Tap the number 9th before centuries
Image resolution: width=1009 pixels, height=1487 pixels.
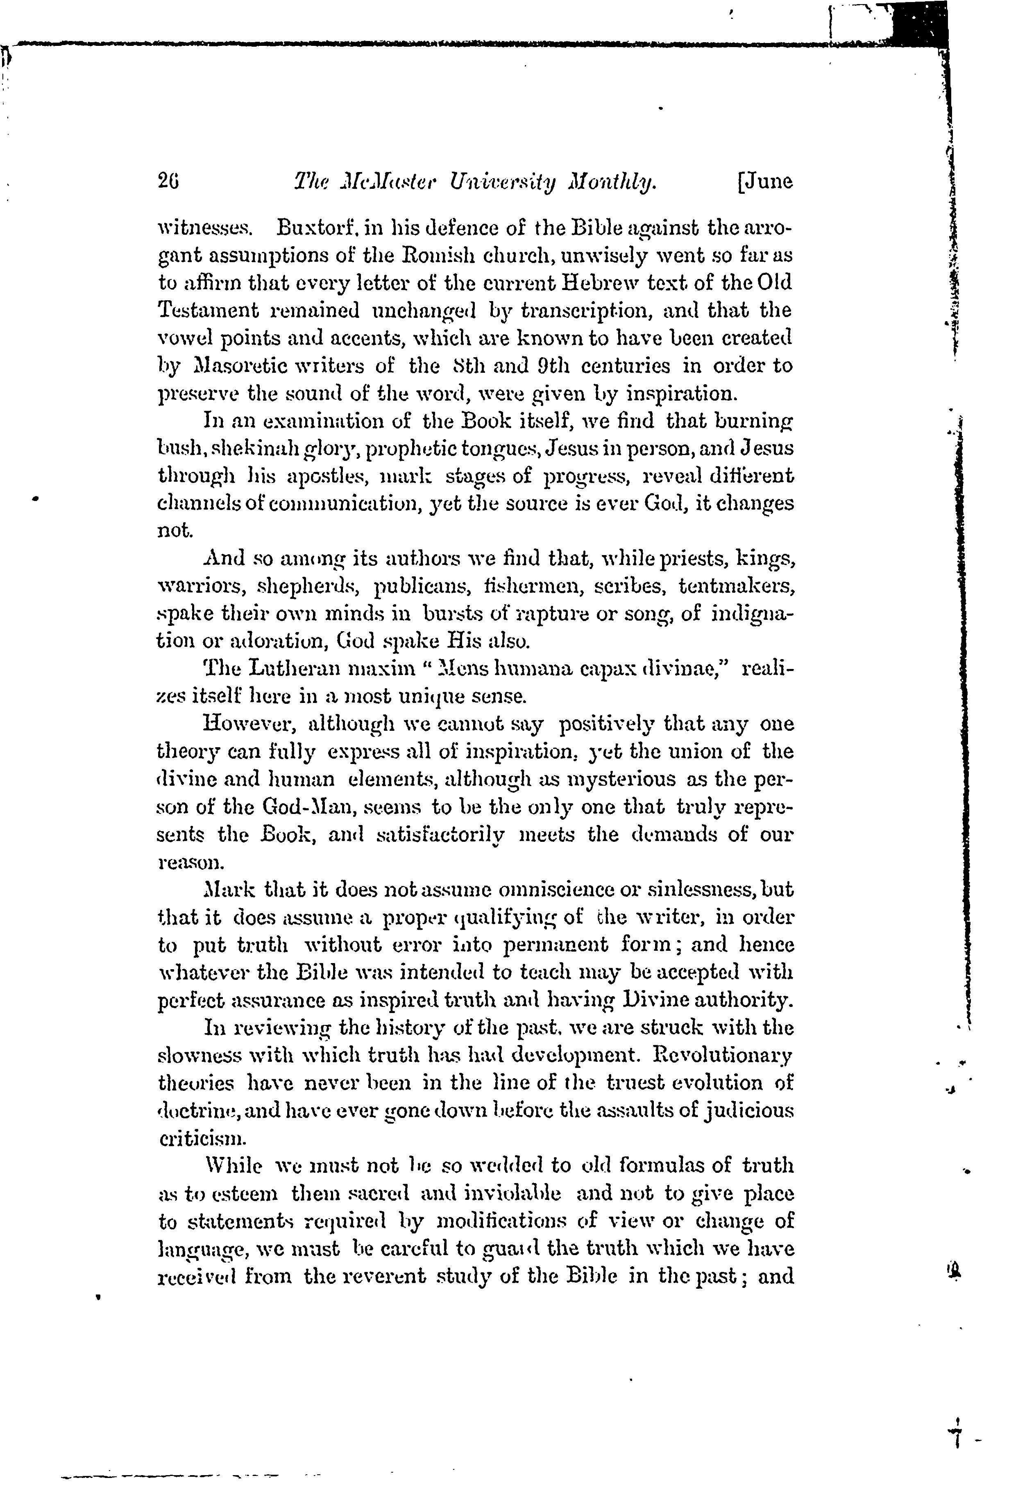(x=578, y=366)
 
